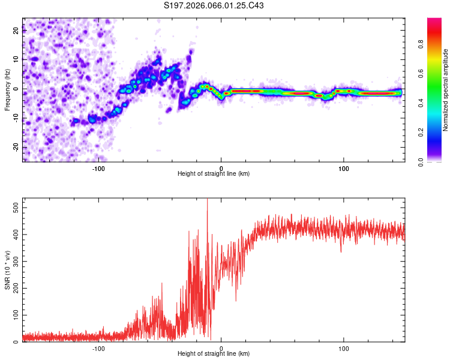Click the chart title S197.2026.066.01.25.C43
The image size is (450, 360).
[214, 6]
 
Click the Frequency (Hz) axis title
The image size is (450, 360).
[8, 89]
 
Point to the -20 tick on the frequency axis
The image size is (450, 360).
[17, 147]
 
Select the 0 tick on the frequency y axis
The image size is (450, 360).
[17, 89]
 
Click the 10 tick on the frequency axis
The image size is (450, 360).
[17, 59]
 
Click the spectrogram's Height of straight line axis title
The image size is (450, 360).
[214, 174]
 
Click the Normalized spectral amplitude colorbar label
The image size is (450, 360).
[446, 90]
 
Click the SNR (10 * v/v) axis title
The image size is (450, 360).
[8, 270]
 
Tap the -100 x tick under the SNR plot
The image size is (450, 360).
[98, 348]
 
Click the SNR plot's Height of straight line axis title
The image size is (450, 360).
[214, 355]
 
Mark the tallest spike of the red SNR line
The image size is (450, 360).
[207, 200]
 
